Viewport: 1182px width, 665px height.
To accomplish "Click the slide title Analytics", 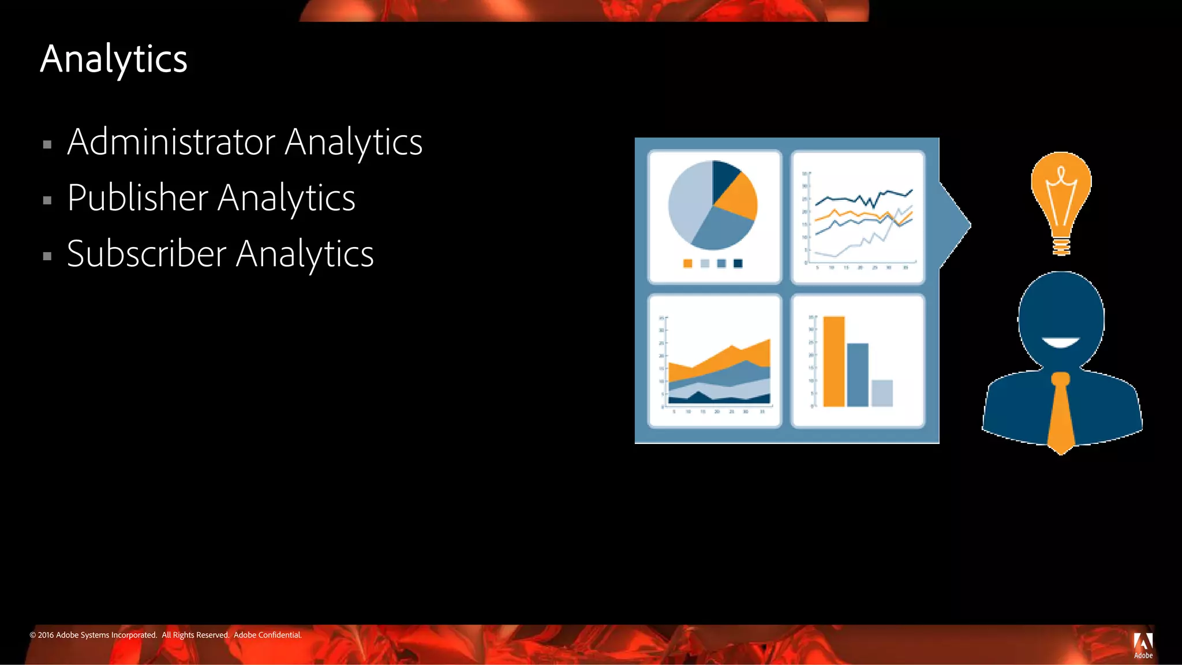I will tap(114, 59).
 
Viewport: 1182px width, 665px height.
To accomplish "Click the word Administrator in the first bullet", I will tap(171, 142).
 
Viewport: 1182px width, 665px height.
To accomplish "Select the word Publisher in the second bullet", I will tap(137, 198).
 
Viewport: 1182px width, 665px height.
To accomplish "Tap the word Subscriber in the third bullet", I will tap(147, 254).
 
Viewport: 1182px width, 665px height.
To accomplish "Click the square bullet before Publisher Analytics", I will tap(47, 201).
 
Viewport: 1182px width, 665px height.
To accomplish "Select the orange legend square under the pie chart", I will tap(687, 264).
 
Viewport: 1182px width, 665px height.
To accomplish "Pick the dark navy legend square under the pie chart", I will tap(738, 264).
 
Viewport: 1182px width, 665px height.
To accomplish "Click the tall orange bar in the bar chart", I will tap(834, 361).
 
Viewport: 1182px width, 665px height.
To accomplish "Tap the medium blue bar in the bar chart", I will tap(858, 375).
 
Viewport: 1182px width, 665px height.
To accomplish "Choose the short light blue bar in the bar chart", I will tap(882, 393).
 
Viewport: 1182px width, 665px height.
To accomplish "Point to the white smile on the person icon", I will tap(1061, 342).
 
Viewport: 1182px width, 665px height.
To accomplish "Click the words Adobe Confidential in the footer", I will tap(267, 635).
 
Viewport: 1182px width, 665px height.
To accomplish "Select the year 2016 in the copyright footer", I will tap(46, 635).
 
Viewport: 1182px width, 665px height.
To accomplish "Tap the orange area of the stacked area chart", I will tap(721, 361).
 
